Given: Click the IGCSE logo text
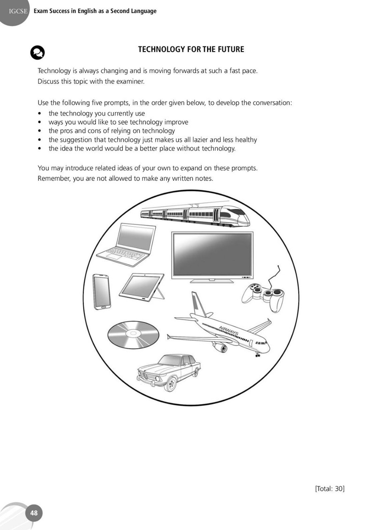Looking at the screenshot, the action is pyautogui.click(x=18, y=11).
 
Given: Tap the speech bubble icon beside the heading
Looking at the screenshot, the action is pyautogui.click(x=37, y=52).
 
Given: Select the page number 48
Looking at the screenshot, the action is pyautogui.click(x=34, y=513).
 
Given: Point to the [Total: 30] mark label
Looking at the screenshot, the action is pyautogui.click(x=330, y=488).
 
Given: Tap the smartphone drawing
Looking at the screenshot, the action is pyautogui.click(x=102, y=291).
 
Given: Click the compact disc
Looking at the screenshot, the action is pyautogui.click(x=133, y=335).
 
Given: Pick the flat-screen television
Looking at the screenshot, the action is pyautogui.click(x=212, y=257).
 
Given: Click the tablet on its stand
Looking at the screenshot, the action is pyautogui.click(x=142, y=287).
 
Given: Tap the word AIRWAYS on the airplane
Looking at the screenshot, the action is pyautogui.click(x=229, y=330).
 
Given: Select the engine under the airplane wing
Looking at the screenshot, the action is pyautogui.click(x=220, y=347).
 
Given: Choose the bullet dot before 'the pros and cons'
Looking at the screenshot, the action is pyautogui.click(x=40, y=131).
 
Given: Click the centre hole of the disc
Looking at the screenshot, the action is pyautogui.click(x=133, y=334).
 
